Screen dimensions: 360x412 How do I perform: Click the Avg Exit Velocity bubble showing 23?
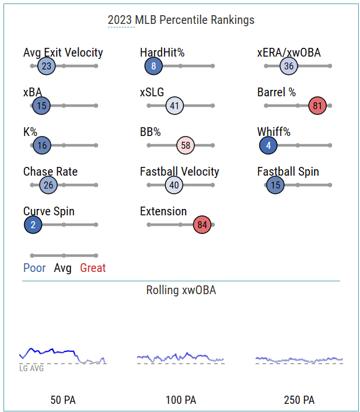(x=47, y=66)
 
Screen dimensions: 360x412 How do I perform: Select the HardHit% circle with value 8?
(x=153, y=66)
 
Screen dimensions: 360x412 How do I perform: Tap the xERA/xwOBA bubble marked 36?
(x=289, y=66)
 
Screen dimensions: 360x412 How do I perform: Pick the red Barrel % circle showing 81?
(x=317, y=106)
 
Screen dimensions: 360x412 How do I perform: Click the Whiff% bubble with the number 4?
(x=268, y=145)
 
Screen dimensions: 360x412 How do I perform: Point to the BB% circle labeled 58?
(x=186, y=145)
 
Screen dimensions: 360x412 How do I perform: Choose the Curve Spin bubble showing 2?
(x=33, y=225)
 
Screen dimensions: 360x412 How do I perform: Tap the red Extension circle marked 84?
(x=202, y=225)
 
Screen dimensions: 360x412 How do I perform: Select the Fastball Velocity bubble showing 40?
(x=174, y=185)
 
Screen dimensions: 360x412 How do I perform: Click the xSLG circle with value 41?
(x=174, y=106)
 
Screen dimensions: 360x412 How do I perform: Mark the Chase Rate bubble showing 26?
(x=48, y=185)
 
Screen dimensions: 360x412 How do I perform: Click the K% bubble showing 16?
(x=42, y=145)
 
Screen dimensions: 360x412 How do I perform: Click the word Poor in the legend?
(x=34, y=268)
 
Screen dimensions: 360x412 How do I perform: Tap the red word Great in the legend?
(x=93, y=268)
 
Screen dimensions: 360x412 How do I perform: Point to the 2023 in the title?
(x=120, y=20)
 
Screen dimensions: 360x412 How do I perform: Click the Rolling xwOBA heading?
(x=181, y=291)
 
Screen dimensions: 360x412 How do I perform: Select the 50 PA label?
(x=63, y=400)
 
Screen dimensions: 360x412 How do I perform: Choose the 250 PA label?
(x=299, y=400)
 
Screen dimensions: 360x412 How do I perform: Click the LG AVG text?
(x=32, y=368)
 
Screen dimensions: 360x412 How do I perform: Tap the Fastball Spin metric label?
(x=288, y=172)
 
